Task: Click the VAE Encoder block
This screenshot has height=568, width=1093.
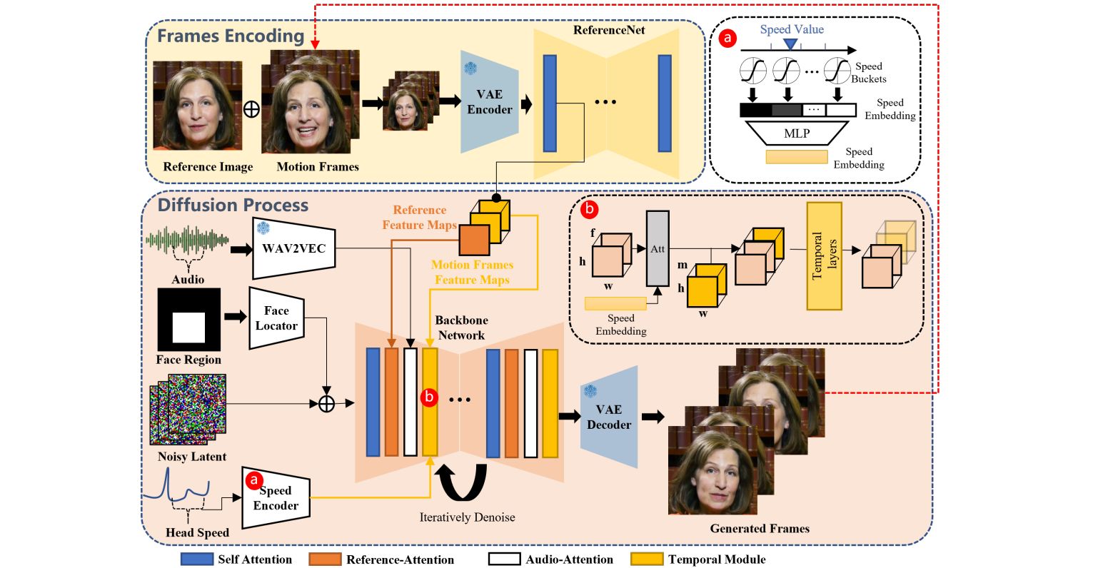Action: [490, 102]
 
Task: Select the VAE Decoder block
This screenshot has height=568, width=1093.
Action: [609, 417]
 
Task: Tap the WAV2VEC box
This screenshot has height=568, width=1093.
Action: [294, 249]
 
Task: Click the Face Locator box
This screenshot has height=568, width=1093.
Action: [276, 318]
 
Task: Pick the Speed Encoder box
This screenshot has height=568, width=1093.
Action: [276, 499]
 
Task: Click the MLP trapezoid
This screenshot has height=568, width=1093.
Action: [797, 133]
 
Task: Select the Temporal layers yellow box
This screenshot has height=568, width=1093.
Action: [824, 256]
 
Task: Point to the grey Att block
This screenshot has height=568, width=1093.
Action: [657, 248]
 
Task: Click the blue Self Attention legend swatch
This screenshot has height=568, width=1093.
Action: [197, 559]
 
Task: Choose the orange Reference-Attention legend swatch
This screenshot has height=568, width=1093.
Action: [326, 559]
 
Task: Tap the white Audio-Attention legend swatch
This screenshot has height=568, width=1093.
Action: [505, 559]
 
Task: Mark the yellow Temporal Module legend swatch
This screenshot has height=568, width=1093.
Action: [647, 559]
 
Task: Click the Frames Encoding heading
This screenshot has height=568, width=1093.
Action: [231, 36]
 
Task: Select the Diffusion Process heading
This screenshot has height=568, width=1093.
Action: [233, 206]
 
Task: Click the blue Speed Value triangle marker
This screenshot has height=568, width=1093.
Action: [790, 44]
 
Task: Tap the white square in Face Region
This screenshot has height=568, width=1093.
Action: [188, 327]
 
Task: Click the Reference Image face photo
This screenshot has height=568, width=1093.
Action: [198, 106]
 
